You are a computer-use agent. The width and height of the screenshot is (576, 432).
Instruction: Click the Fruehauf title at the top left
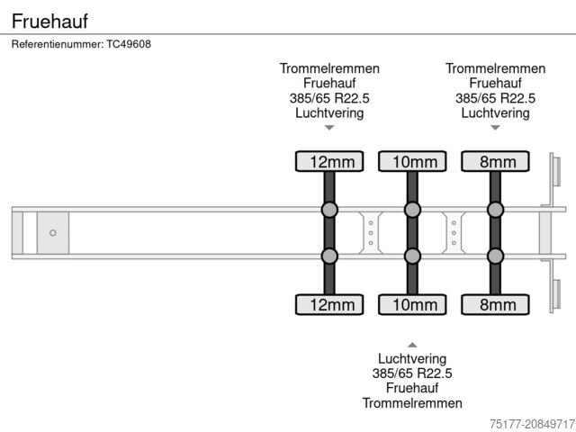(x=49, y=19)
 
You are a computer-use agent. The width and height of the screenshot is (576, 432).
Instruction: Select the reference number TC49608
(x=129, y=44)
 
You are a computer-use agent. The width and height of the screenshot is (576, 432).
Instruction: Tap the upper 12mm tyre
(x=329, y=162)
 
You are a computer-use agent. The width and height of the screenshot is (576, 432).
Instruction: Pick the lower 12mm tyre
(x=329, y=304)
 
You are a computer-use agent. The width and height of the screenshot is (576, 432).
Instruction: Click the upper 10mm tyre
(x=412, y=162)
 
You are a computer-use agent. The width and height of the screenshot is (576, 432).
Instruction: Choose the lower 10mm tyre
(x=412, y=304)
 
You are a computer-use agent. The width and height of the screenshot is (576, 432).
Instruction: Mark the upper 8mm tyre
(x=495, y=162)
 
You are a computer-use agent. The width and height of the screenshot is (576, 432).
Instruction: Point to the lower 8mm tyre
(x=495, y=304)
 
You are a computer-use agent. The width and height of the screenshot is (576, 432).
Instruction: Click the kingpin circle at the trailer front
(x=53, y=233)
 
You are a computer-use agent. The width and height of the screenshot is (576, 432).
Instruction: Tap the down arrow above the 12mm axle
(x=329, y=129)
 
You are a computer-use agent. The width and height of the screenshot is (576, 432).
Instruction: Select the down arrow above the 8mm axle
(x=495, y=129)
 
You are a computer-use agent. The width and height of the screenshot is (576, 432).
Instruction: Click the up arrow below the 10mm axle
(x=412, y=344)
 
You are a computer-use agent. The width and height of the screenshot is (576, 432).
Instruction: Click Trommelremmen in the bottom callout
(x=412, y=402)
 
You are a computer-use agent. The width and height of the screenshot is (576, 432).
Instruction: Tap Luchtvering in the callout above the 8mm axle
(x=495, y=113)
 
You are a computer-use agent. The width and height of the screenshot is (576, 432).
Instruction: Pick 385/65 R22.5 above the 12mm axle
(x=329, y=98)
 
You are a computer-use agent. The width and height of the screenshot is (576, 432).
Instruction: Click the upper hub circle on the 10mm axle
(x=412, y=211)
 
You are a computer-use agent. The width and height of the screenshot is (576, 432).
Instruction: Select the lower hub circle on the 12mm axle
(x=329, y=256)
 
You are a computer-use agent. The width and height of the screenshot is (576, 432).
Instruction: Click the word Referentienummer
(x=57, y=44)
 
